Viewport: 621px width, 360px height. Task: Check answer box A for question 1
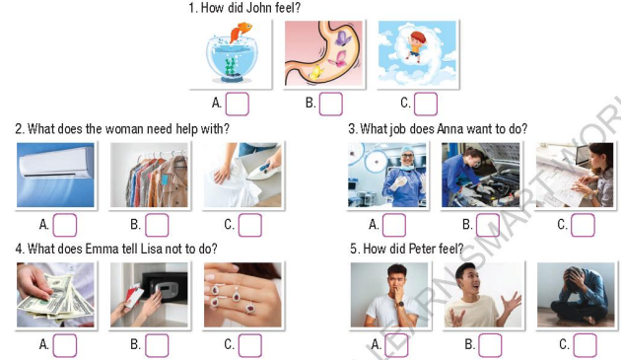237,103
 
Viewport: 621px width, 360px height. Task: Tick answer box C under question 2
250,225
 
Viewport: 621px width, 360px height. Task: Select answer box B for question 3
488,225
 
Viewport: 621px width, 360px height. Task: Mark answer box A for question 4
65,345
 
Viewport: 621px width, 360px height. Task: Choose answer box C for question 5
586,345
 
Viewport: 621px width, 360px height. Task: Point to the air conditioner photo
56,175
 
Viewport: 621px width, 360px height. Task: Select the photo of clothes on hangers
148,176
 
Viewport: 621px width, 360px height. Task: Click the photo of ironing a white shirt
242,176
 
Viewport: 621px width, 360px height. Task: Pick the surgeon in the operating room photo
387,176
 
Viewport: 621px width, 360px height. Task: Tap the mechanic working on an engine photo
480,176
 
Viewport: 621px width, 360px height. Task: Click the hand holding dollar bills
55,294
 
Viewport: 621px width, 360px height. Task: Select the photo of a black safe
149,294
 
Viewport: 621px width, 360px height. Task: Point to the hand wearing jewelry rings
242,294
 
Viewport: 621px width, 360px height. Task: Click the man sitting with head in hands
576,294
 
